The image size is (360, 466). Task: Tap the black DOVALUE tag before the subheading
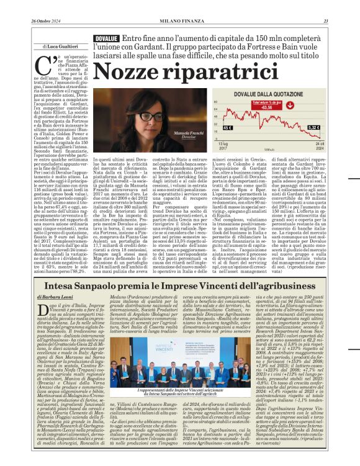[x=106, y=38]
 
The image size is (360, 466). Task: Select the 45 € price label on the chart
[x=244, y=128]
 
